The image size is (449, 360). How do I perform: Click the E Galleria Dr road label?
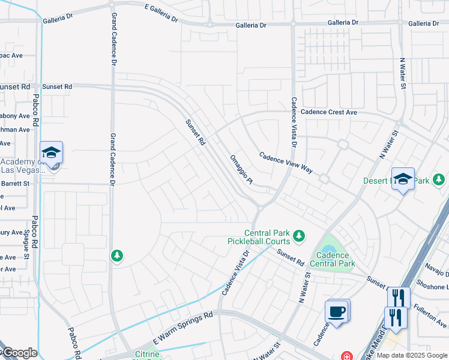(x=153, y=13)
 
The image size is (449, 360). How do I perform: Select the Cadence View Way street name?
(x=286, y=163)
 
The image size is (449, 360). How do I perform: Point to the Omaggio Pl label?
(x=243, y=169)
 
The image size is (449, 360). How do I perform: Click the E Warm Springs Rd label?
(x=183, y=323)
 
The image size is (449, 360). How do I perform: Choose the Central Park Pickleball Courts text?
(x=267, y=237)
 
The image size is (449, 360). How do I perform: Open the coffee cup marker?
(x=336, y=311)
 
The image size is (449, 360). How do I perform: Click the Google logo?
(x=19, y=353)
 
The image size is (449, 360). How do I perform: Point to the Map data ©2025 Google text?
(x=411, y=355)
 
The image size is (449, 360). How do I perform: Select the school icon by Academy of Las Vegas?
(x=52, y=153)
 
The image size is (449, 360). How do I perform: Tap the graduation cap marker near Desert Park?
(x=403, y=178)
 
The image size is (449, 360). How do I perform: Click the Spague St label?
(x=27, y=244)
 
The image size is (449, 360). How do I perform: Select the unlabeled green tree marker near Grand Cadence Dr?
(x=117, y=256)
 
